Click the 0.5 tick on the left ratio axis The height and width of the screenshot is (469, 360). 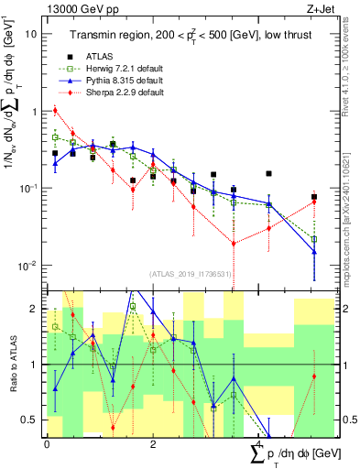tap(32, 420)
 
